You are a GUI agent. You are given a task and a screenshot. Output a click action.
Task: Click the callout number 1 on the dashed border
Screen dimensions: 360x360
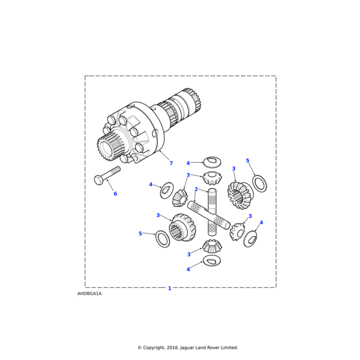[x=169, y=289]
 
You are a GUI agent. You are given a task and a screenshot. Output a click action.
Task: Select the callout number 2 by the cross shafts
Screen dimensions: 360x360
[x=196, y=190]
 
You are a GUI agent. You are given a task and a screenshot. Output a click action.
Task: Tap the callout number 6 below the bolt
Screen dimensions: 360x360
[x=115, y=194]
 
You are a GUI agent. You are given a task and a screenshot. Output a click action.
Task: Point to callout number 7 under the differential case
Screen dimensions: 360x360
[x=170, y=163]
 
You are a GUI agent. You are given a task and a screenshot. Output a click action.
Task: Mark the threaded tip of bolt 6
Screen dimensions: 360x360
[x=118, y=170]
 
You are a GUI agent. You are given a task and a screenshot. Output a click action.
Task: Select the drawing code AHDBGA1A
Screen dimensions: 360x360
[x=89, y=294]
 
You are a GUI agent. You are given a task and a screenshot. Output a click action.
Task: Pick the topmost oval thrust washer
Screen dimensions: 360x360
[x=212, y=162]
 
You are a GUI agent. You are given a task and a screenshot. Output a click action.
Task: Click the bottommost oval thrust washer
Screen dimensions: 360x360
[x=212, y=260]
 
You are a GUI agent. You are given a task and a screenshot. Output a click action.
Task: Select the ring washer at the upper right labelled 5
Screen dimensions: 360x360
[x=259, y=184]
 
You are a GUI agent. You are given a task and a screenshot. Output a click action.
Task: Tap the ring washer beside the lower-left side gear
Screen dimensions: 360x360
[x=163, y=238]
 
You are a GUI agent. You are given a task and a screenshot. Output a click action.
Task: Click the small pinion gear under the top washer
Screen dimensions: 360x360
[x=212, y=178]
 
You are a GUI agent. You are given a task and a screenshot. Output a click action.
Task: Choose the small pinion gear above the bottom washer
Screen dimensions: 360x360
[x=211, y=245]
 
